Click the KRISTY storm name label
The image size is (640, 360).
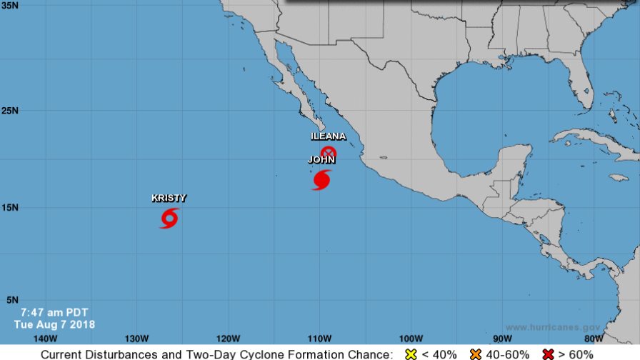pos(169,199)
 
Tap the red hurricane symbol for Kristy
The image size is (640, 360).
pos(169,218)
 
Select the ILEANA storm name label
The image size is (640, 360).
pos(328,136)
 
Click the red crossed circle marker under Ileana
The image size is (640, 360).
pos(328,152)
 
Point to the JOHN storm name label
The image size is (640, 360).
pos(321,160)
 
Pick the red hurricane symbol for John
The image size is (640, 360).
pos(321,179)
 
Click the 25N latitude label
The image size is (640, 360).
pos(10,111)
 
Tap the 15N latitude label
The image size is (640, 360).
pos(10,207)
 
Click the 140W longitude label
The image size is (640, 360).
pos(45,339)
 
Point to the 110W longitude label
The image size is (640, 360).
pos(319,339)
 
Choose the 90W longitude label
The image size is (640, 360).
pos(502,339)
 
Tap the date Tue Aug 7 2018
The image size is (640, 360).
pos(54,324)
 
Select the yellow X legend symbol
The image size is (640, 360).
pos(411,354)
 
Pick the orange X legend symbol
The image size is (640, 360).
pos(475,354)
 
